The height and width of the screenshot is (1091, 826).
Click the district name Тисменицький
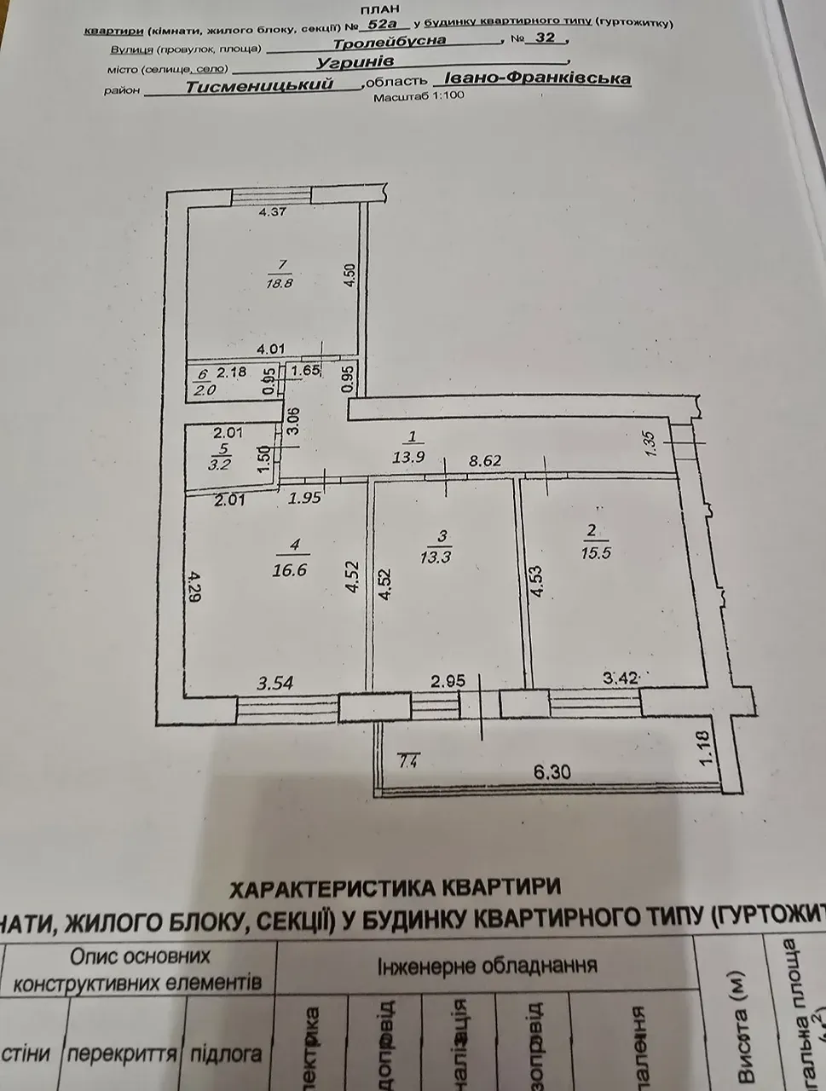tap(258, 84)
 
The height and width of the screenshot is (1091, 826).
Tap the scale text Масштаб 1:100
tap(419, 96)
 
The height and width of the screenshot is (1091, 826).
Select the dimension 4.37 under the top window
tap(272, 212)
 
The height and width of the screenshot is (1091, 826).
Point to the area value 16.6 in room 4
tap(290, 570)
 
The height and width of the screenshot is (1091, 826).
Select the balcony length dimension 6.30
tap(552, 772)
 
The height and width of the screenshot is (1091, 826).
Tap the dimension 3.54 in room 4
tap(274, 682)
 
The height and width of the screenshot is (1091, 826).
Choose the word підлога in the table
tap(224, 1053)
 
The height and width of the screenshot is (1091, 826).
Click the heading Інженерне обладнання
tap(486, 966)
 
